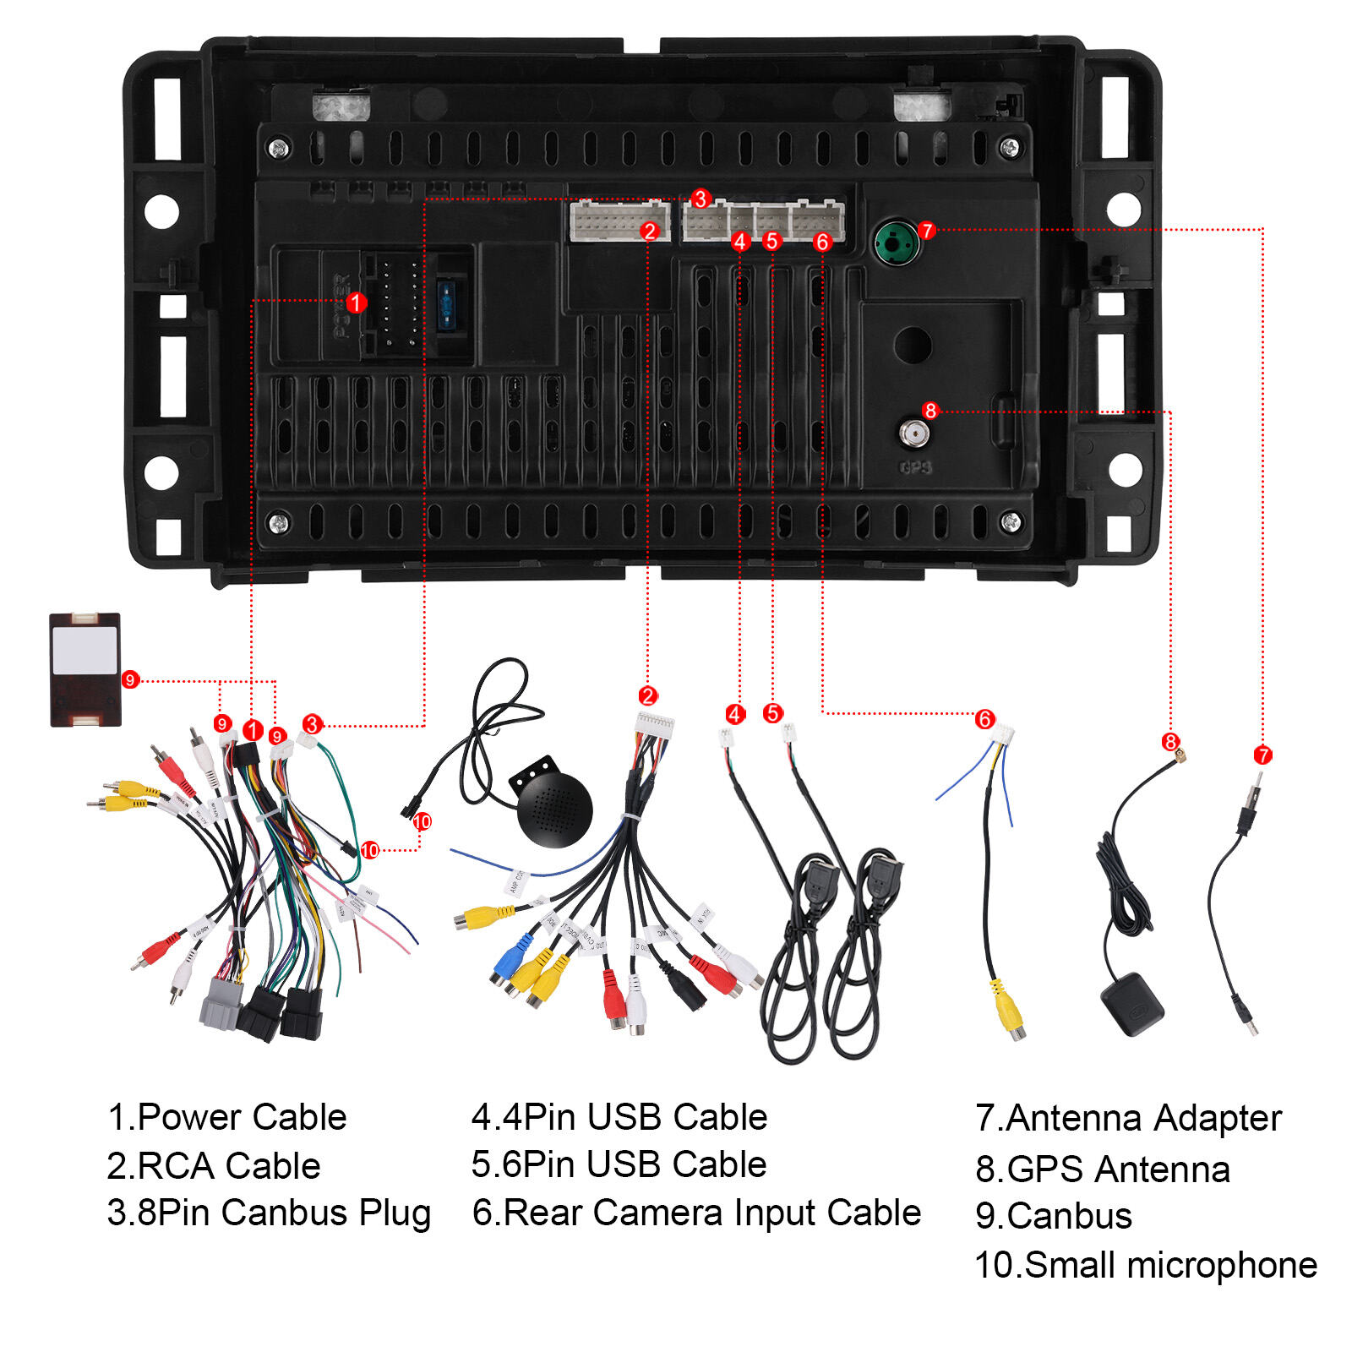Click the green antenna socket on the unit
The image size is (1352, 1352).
click(x=896, y=243)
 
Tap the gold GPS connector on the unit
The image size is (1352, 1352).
click(x=913, y=434)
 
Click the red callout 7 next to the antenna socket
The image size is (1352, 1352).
click(x=927, y=230)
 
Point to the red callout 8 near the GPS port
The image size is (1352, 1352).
click(x=930, y=411)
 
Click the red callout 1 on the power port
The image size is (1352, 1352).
click(x=356, y=303)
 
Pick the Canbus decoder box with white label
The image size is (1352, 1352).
click(x=84, y=669)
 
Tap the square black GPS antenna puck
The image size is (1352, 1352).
click(x=1132, y=1004)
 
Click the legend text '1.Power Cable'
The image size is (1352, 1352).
click(x=227, y=1117)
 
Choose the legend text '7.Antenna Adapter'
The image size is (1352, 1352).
click(x=1128, y=1118)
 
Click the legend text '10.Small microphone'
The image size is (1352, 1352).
click(x=1146, y=1265)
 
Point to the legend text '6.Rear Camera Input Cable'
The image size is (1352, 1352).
click(x=696, y=1213)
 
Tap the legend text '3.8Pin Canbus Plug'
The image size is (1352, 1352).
click(x=269, y=1213)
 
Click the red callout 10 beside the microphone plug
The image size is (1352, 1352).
click(x=422, y=821)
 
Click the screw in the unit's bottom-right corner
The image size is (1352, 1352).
click(x=1010, y=522)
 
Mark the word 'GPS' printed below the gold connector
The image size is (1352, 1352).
click(x=915, y=467)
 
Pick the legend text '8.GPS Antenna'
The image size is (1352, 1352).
click(x=1103, y=1169)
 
